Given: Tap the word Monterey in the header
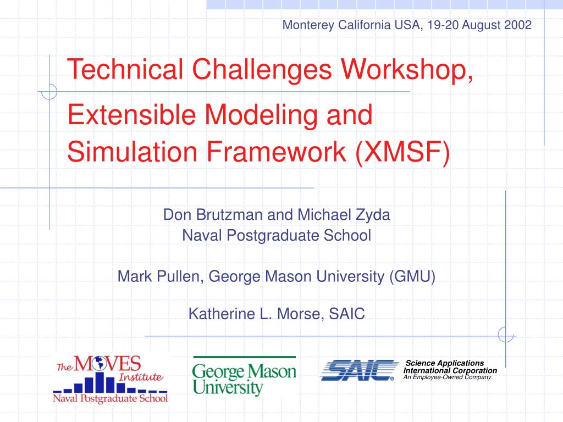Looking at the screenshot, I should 304,25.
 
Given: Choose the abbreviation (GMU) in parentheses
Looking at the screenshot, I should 412,276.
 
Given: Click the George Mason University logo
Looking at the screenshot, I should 244,376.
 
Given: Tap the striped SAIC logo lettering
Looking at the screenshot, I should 359,370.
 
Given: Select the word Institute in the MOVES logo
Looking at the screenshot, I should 141,377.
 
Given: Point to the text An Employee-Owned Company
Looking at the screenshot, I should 446,377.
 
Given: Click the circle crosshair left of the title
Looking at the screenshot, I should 49,91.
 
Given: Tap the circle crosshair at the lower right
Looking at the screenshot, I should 505,334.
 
